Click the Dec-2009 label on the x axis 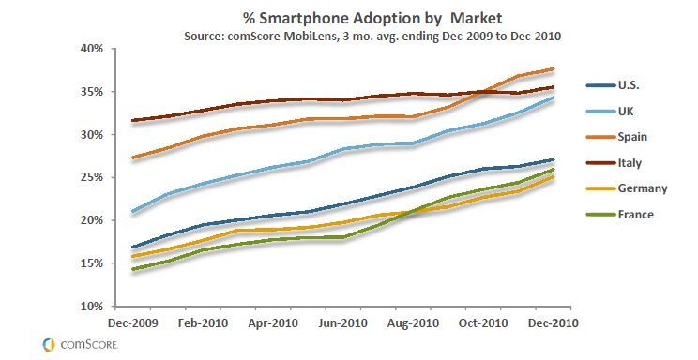[133, 323]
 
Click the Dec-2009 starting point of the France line [132, 269]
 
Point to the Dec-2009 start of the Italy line [132, 120]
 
